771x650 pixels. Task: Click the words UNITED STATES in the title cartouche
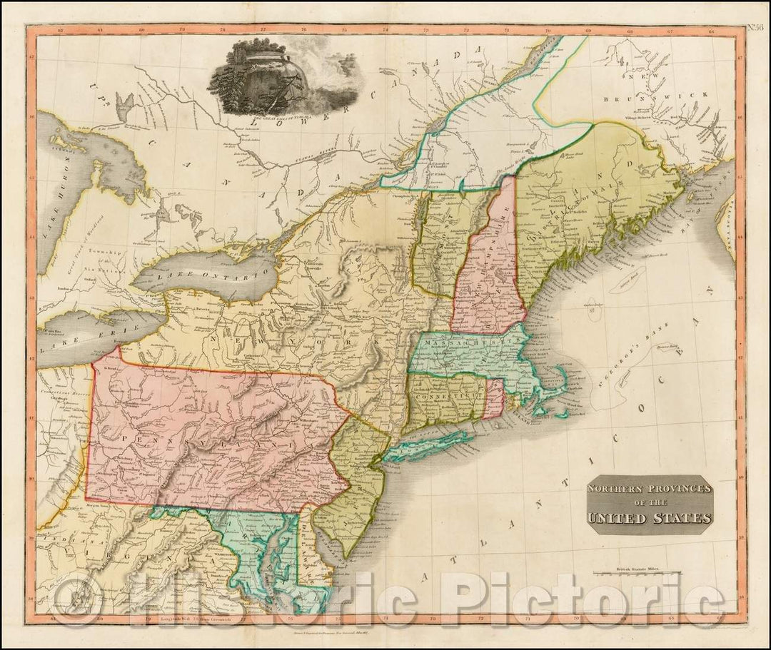649,518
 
